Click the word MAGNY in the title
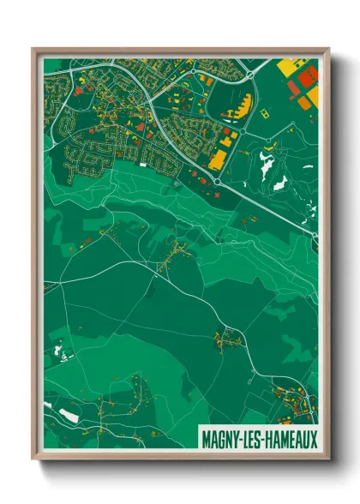pos(221,438)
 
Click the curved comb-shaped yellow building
pos(239,107)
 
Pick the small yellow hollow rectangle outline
pos(263,112)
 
